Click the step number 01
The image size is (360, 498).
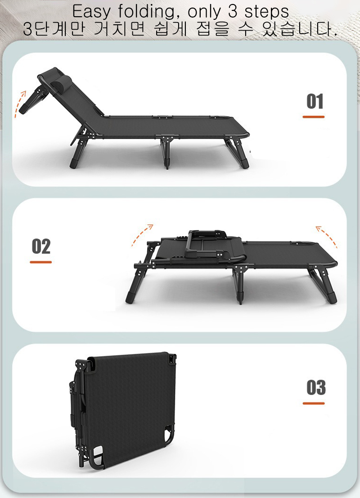click(315, 101)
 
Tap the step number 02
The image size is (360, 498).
click(41, 246)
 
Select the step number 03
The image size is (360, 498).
click(316, 388)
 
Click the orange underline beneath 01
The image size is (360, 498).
click(314, 117)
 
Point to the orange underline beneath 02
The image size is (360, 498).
click(40, 262)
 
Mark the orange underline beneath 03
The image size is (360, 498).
click(314, 403)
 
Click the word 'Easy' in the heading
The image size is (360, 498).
click(91, 12)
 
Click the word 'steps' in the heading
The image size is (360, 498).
click(266, 12)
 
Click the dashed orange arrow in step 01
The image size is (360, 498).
click(19, 104)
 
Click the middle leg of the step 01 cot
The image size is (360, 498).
click(166, 152)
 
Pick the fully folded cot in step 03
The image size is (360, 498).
click(123, 410)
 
